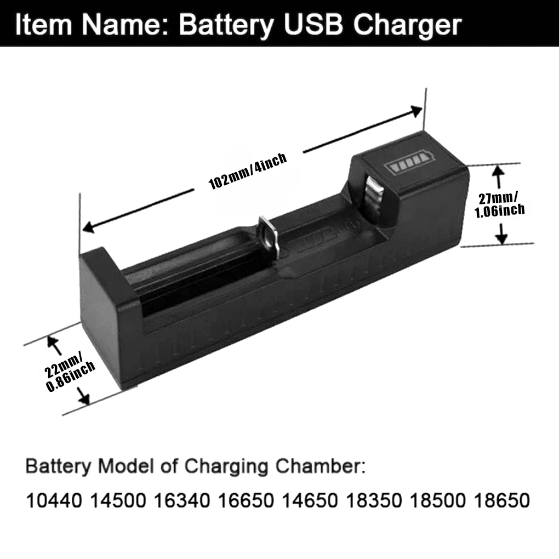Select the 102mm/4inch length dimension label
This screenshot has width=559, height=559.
(248, 171)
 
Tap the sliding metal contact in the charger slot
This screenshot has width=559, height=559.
(268, 236)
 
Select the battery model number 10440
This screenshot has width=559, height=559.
(54, 500)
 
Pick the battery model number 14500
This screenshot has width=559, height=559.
(118, 500)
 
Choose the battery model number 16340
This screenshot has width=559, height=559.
(181, 500)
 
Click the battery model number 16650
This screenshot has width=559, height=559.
(246, 500)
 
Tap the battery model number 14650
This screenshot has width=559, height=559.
(310, 500)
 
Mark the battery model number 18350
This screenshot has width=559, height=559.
(374, 500)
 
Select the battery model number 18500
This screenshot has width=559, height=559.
(438, 500)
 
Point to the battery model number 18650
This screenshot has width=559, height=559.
(502, 500)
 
